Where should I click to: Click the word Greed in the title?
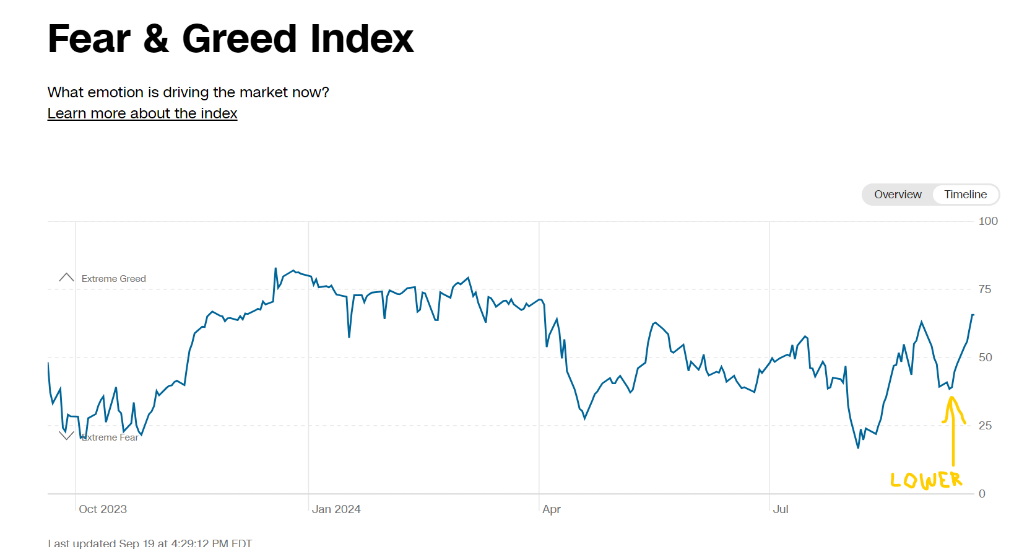[240, 39]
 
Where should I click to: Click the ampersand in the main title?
[156, 39]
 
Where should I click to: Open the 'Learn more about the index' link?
[142, 113]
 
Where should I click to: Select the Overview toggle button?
[898, 195]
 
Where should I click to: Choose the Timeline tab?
[965, 195]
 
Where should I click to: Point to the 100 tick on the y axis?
[988, 221]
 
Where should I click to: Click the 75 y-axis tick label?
[985, 289]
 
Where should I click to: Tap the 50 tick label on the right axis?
[985, 358]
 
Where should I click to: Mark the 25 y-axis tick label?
[985, 426]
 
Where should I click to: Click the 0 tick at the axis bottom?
[982, 494]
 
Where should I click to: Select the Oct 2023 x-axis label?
[103, 509]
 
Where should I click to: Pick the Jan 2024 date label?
[336, 509]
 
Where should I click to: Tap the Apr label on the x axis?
[552, 509]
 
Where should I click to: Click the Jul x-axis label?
[781, 509]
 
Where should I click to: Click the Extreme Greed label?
[114, 279]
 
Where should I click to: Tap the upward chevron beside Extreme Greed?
[66, 277]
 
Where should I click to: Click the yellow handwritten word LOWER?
[926, 480]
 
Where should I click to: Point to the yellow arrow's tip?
[951, 398]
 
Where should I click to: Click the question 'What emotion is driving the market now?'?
[188, 92]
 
